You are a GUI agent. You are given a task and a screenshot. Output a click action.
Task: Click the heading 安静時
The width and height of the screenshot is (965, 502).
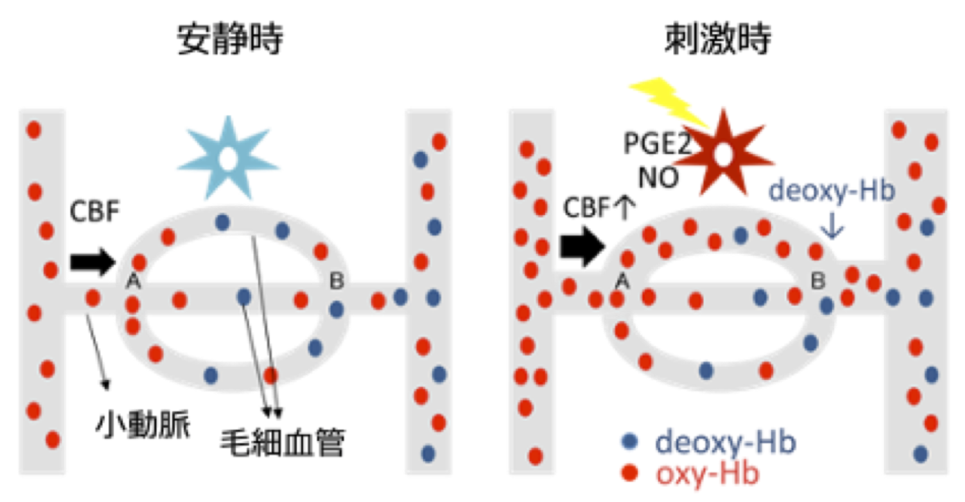pyautogui.click(x=229, y=39)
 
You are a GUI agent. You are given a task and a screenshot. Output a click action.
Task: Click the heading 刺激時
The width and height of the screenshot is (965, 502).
pyautogui.click(x=717, y=39)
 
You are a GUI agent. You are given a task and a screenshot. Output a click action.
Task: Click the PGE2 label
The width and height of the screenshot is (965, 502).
pyautogui.click(x=657, y=144)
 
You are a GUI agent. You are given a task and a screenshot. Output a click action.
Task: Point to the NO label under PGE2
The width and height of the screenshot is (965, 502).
pyautogui.click(x=658, y=178)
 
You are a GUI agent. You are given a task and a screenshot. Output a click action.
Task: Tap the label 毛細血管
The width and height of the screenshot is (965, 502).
pyautogui.click(x=282, y=443)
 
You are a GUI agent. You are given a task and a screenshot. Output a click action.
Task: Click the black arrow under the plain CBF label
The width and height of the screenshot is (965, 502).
pyautogui.click(x=92, y=262)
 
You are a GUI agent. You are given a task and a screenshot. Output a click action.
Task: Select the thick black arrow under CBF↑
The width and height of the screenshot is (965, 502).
pyautogui.click(x=582, y=246)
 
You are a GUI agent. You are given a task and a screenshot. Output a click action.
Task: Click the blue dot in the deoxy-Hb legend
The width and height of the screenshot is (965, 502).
pyautogui.click(x=629, y=441)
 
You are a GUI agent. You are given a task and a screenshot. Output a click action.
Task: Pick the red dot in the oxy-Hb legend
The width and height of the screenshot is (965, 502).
pyautogui.click(x=629, y=473)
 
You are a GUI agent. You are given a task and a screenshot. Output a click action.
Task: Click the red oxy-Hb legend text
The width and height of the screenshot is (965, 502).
pyautogui.click(x=707, y=474)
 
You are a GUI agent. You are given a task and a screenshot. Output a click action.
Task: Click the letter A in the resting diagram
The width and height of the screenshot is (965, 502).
pyautogui.click(x=133, y=281)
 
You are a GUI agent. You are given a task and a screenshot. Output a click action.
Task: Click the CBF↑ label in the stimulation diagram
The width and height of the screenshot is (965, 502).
pyautogui.click(x=599, y=207)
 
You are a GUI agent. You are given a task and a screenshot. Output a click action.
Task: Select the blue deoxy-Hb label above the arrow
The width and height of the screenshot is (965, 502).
pyautogui.click(x=831, y=191)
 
